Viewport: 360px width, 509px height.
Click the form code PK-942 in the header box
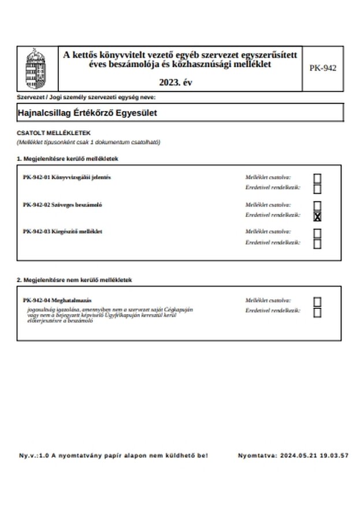coord(322,68)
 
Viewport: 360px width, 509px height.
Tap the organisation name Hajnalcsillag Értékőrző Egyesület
coord(87,113)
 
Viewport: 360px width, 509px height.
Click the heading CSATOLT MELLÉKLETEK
coord(54,133)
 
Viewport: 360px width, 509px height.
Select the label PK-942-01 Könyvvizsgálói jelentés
coord(67,177)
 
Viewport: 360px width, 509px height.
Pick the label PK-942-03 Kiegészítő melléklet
coord(63,231)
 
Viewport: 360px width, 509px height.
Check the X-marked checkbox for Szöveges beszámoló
coord(317,216)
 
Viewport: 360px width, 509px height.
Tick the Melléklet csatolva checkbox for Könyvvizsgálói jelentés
coord(317,178)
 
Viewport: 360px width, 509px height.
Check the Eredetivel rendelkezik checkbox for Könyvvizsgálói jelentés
coord(317,189)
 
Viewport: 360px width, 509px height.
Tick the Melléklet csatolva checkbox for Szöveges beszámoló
coord(317,206)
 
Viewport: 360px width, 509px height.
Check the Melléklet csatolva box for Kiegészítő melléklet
coord(317,233)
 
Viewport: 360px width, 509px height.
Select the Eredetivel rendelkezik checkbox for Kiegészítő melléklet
coord(317,244)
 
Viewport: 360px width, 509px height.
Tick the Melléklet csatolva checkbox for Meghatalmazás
coord(317,302)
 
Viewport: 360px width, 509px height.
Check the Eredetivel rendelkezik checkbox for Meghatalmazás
coord(317,312)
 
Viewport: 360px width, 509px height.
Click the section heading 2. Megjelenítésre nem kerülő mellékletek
coord(75,280)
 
